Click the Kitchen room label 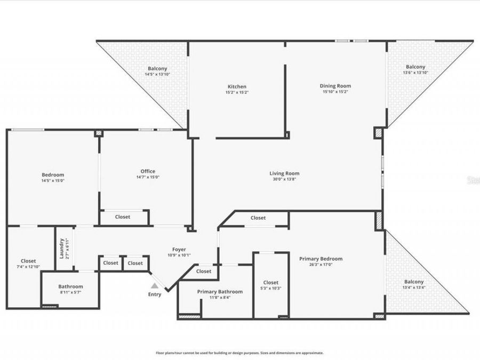(237, 86)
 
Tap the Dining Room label (335, 86)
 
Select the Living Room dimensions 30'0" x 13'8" (284, 180)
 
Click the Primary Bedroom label (321, 259)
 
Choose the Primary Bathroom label (220, 292)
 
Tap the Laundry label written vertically (61, 248)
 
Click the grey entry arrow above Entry (154, 286)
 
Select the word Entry (154, 294)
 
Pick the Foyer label (179, 250)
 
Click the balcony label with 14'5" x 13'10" (157, 71)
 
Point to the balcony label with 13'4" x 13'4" (414, 284)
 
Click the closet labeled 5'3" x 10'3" (270, 285)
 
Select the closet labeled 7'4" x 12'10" (28, 263)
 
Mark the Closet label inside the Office (123, 217)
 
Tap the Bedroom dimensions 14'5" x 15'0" (53, 180)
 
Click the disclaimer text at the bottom (239, 353)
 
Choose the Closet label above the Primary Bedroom (258, 218)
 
